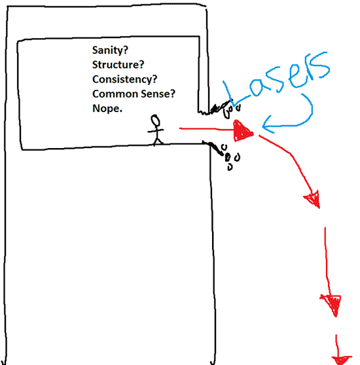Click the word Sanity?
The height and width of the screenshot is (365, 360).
coord(110,50)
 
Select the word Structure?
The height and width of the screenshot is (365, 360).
coord(118,65)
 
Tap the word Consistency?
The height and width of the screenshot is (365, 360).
coord(124,79)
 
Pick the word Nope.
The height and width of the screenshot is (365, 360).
coord(107,109)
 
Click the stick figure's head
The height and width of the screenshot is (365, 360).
coord(155,121)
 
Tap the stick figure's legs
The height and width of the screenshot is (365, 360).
coord(158,141)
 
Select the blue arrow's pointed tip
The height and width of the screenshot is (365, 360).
coord(262,127)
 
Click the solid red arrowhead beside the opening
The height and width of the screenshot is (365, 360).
coord(242,131)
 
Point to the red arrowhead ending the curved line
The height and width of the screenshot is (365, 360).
coord(313,199)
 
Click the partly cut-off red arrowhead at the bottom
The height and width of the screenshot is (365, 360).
coord(342,360)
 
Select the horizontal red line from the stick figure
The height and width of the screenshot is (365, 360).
coord(207,128)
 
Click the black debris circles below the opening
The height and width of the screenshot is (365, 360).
coord(230,157)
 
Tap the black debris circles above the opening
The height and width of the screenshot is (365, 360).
coord(231,110)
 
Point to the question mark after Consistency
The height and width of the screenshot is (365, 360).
coord(154,79)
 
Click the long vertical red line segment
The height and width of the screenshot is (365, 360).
coord(327,261)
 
